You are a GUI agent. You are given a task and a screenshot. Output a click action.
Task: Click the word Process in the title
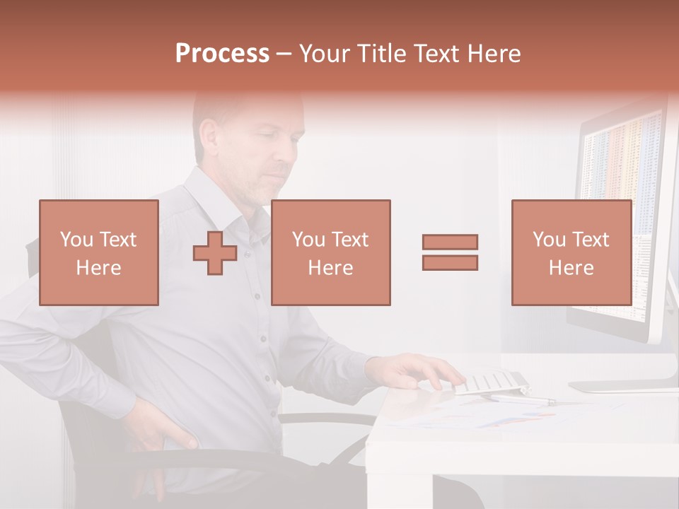(222, 54)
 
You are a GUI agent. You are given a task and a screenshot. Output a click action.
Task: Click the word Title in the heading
(383, 54)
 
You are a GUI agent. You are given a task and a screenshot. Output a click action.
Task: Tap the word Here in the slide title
(493, 54)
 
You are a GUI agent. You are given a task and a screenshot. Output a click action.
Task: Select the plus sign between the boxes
(215, 253)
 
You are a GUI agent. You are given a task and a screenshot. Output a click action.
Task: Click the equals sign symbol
(450, 252)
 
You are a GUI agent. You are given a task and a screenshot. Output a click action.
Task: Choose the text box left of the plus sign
(99, 252)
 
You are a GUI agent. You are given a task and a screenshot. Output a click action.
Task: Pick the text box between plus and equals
(331, 252)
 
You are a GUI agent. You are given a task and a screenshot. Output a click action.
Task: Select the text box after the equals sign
(571, 252)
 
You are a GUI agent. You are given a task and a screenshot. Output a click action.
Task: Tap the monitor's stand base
(622, 386)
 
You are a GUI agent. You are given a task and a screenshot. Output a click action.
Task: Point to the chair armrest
(325, 418)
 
